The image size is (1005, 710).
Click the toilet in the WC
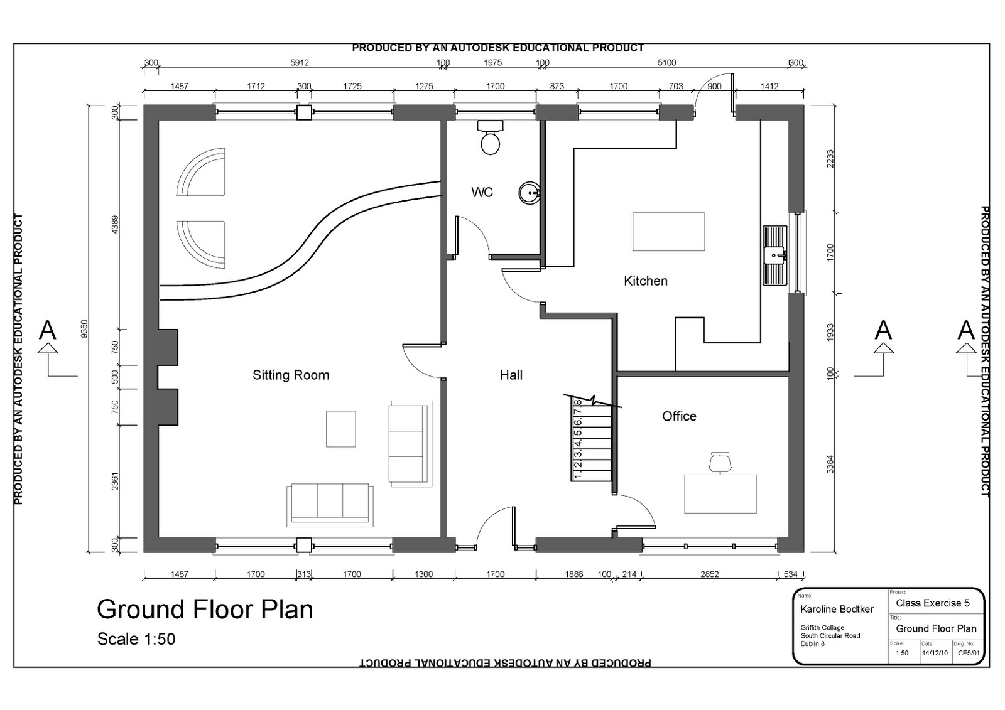click(490, 137)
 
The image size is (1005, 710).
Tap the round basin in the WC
click(529, 193)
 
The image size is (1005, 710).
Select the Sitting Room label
click(291, 375)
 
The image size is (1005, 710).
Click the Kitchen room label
click(645, 281)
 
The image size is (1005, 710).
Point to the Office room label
click(679, 416)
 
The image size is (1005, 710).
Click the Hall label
click(511, 375)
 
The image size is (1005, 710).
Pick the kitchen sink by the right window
click(774, 255)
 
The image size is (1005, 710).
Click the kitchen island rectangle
click(668, 232)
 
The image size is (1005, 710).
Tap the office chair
click(720, 462)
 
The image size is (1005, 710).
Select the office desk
click(720, 493)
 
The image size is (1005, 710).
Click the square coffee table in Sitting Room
click(340, 429)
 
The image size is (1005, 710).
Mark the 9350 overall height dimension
click(85, 328)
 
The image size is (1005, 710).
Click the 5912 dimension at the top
click(300, 63)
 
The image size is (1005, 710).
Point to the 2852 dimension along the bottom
click(709, 574)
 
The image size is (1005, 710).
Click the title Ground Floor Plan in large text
click(205, 610)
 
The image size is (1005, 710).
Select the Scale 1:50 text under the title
click(136, 639)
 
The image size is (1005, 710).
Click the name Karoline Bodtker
click(837, 609)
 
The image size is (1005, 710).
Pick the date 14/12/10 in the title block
click(935, 653)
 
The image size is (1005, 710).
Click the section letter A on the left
click(48, 330)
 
